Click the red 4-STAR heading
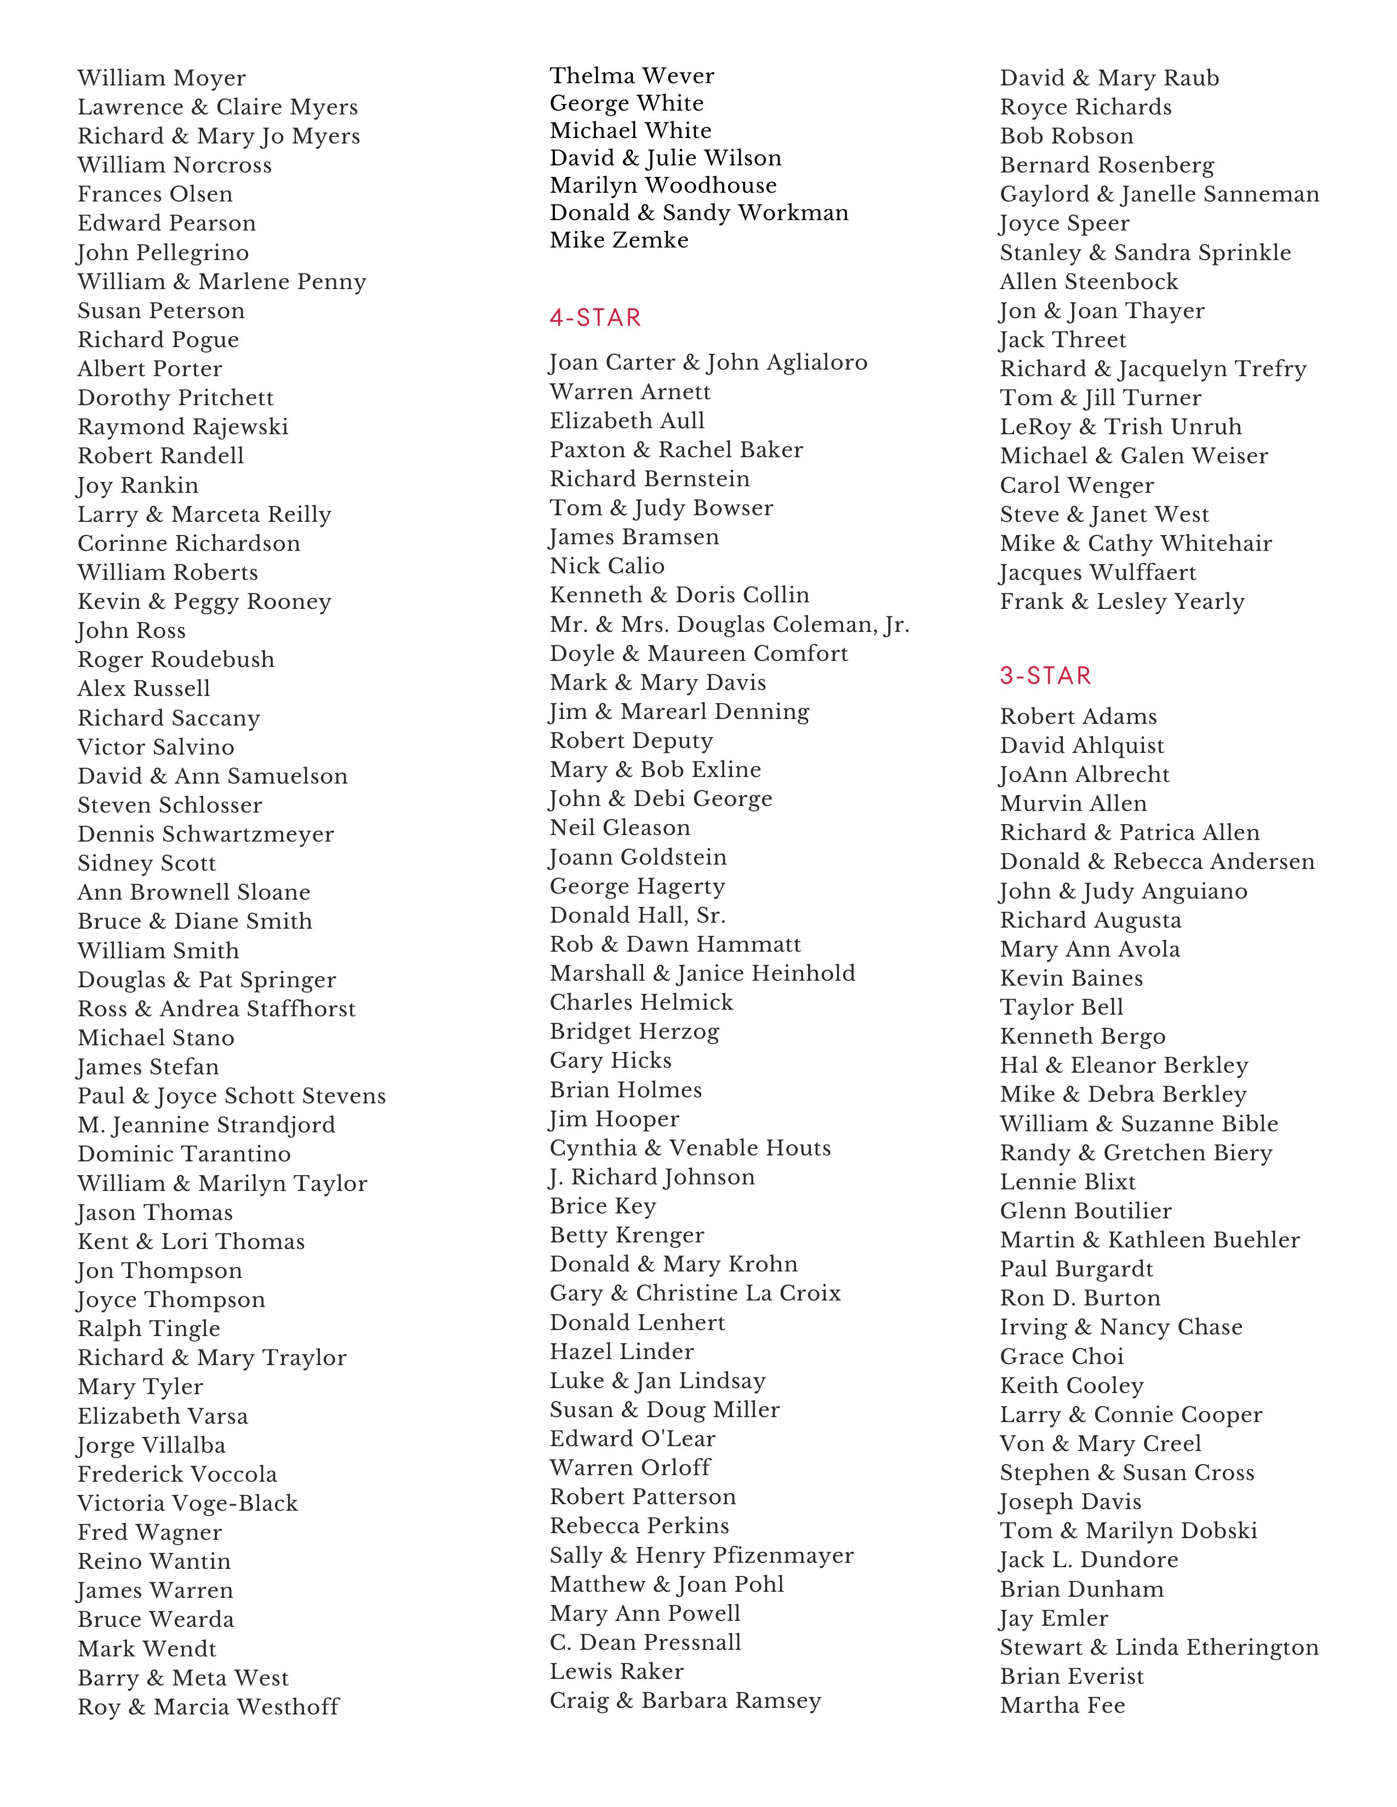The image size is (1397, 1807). pyautogui.click(x=595, y=318)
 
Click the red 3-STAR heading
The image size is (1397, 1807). pyautogui.click(x=1045, y=676)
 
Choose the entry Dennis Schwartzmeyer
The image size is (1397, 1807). pyautogui.click(x=206, y=834)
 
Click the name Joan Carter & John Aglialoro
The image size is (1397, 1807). pyautogui.click(x=708, y=363)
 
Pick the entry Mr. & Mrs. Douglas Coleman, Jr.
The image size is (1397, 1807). pyautogui.click(x=729, y=625)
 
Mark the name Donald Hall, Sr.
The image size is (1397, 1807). pyautogui.click(x=637, y=915)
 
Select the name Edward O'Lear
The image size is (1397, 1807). pyautogui.click(x=632, y=1439)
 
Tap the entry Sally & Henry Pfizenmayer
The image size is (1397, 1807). pyautogui.click(x=701, y=1556)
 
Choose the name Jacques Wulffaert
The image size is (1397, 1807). pyautogui.click(x=1097, y=573)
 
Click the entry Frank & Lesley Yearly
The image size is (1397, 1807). pyautogui.click(x=1121, y=601)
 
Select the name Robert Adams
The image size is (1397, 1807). pyautogui.click(x=1078, y=717)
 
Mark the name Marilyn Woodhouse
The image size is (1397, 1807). pyautogui.click(x=663, y=185)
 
